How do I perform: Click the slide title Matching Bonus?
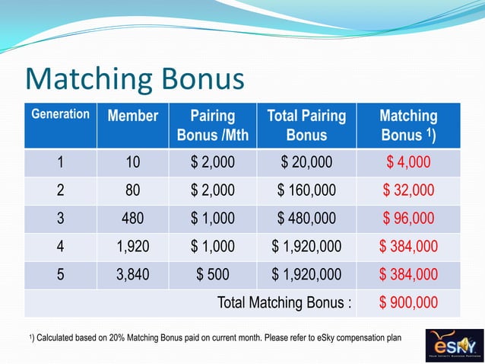pyautogui.click(x=135, y=79)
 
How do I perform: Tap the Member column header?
pyautogui.click(x=132, y=117)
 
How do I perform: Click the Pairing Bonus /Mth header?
pyautogui.click(x=212, y=126)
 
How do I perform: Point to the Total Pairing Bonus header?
pyautogui.click(x=306, y=126)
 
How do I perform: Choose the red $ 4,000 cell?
pyautogui.click(x=408, y=162)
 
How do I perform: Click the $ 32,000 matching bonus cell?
pyautogui.click(x=408, y=190)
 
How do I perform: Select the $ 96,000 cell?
pyautogui.click(x=408, y=219)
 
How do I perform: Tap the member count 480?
pyautogui.click(x=132, y=219)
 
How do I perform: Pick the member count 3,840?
pyautogui.click(x=132, y=275)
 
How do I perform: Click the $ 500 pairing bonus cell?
pyautogui.click(x=212, y=275)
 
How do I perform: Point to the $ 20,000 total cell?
pyautogui.click(x=306, y=162)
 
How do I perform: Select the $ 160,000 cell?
pyautogui.click(x=306, y=190)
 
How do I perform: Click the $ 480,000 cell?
pyautogui.click(x=306, y=219)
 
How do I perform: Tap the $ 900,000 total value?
pyautogui.click(x=408, y=303)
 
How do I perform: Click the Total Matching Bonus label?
pyautogui.click(x=285, y=303)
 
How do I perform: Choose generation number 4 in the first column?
pyautogui.click(x=60, y=247)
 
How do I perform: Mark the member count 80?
pyautogui.click(x=132, y=190)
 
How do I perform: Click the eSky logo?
pyautogui.click(x=452, y=344)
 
